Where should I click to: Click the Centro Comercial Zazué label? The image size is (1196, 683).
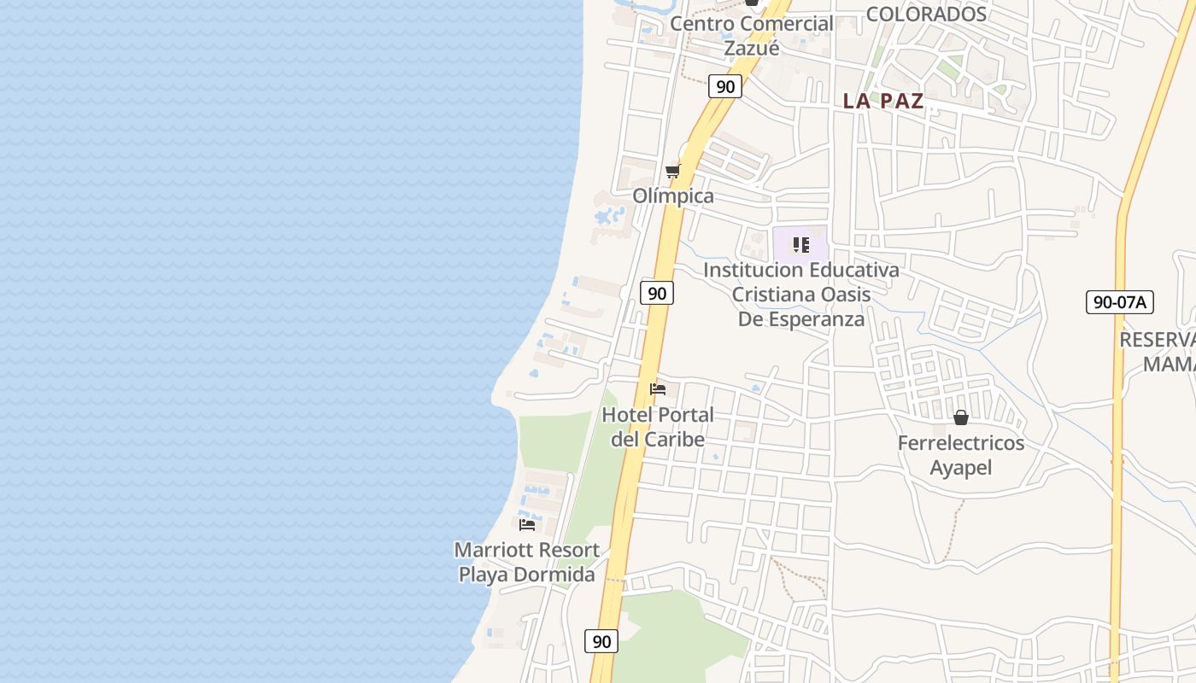click(x=751, y=36)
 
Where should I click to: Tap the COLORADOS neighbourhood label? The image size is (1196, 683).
click(x=926, y=15)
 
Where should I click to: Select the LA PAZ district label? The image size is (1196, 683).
click(x=883, y=101)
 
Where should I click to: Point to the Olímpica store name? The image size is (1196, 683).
click(x=673, y=196)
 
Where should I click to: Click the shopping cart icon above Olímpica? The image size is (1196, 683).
click(x=672, y=172)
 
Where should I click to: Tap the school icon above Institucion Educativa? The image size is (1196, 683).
click(x=800, y=246)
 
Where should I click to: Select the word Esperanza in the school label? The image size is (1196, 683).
click(x=817, y=319)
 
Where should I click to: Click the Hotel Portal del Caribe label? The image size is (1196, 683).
click(x=658, y=427)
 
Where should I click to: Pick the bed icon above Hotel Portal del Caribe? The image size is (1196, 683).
click(x=658, y=389)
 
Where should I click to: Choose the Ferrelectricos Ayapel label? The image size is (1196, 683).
click(x=961, y=455)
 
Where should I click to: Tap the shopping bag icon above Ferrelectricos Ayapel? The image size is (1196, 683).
click(x=961, y=417)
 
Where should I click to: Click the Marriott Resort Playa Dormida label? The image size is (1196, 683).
click(x=526, y=562)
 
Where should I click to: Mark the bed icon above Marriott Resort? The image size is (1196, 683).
click(x=527, y=524)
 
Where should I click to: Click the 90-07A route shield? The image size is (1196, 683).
click(x=1120, y=301)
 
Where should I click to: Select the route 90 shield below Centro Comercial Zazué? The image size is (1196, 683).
click(x=725, y=86)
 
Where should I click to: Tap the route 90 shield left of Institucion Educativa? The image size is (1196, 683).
click(x=657, y=293)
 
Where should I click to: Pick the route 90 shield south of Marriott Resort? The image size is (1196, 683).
click(x=601, y=641)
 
